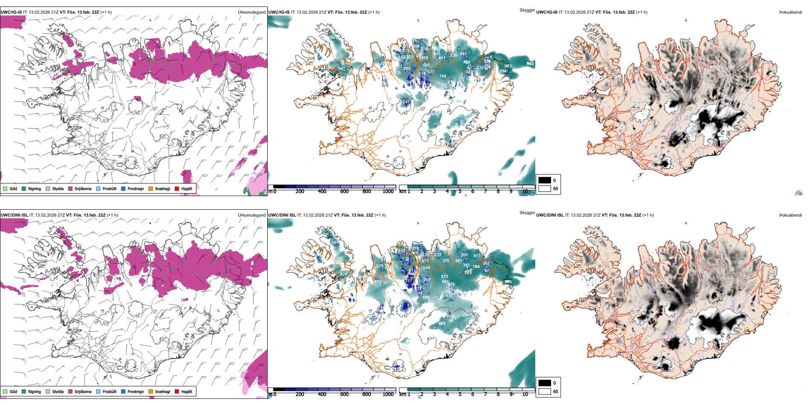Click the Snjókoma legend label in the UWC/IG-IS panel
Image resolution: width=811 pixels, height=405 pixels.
click(x=83, y=188)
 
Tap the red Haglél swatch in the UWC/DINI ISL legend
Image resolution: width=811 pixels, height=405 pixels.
click(x=177, y=391)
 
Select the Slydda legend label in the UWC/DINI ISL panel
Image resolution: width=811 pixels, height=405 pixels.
click(x=58, y=391)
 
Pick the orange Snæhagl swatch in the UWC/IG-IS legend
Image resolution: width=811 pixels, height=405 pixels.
click(x=151, y=188)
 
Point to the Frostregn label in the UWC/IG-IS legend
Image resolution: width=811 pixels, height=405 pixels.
click(x=135, y=188)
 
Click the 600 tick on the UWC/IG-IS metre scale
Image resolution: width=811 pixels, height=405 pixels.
click(x=344, y=191)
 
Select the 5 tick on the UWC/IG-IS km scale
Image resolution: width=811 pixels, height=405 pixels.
click(x=460, y=191)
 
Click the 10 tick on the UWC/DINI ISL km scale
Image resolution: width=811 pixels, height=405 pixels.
click(x=525, y=394)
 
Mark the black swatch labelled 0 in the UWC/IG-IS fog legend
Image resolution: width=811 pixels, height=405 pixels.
click(x=545, y=180)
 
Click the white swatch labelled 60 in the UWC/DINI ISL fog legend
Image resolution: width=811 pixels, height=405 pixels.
click(x=545, y=391)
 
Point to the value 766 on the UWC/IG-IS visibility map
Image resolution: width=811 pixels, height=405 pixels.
click(x=443, y=76)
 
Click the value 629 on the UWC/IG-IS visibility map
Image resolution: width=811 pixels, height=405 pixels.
click(x=334, y=38)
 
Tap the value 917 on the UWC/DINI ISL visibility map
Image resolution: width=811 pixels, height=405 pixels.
click(x=477, y=256)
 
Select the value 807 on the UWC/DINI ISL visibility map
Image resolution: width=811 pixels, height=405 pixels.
click(x=335, y=243)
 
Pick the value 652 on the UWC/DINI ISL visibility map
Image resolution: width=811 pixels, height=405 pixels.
click(x=378, y=282)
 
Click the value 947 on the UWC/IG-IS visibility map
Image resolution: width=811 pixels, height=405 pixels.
click(x=341, y=69)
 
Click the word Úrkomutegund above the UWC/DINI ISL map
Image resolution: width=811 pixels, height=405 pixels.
click(x=251, y=215)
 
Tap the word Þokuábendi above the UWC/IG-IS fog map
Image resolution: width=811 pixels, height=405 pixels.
click(x=791, y=12)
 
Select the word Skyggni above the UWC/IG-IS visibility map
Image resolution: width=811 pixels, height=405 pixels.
click(x=527, y=10)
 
